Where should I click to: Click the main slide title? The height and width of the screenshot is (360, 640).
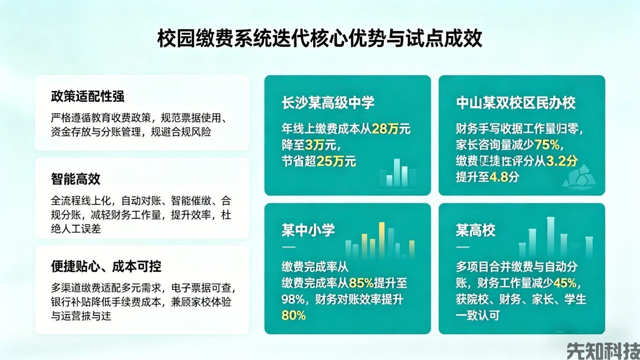320,38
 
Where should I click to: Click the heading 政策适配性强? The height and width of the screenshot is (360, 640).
88,97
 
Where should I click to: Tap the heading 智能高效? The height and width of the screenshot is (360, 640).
76,179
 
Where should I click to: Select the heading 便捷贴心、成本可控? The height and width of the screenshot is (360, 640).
106,267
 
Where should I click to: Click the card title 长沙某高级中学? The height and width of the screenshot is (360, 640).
328,103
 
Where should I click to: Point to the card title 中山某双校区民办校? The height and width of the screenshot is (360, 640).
516,103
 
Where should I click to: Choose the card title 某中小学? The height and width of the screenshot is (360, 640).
308,230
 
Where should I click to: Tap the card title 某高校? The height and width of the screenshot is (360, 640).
475,230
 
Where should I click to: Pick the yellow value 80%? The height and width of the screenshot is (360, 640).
294,315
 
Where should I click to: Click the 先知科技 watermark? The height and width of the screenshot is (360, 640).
602,350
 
